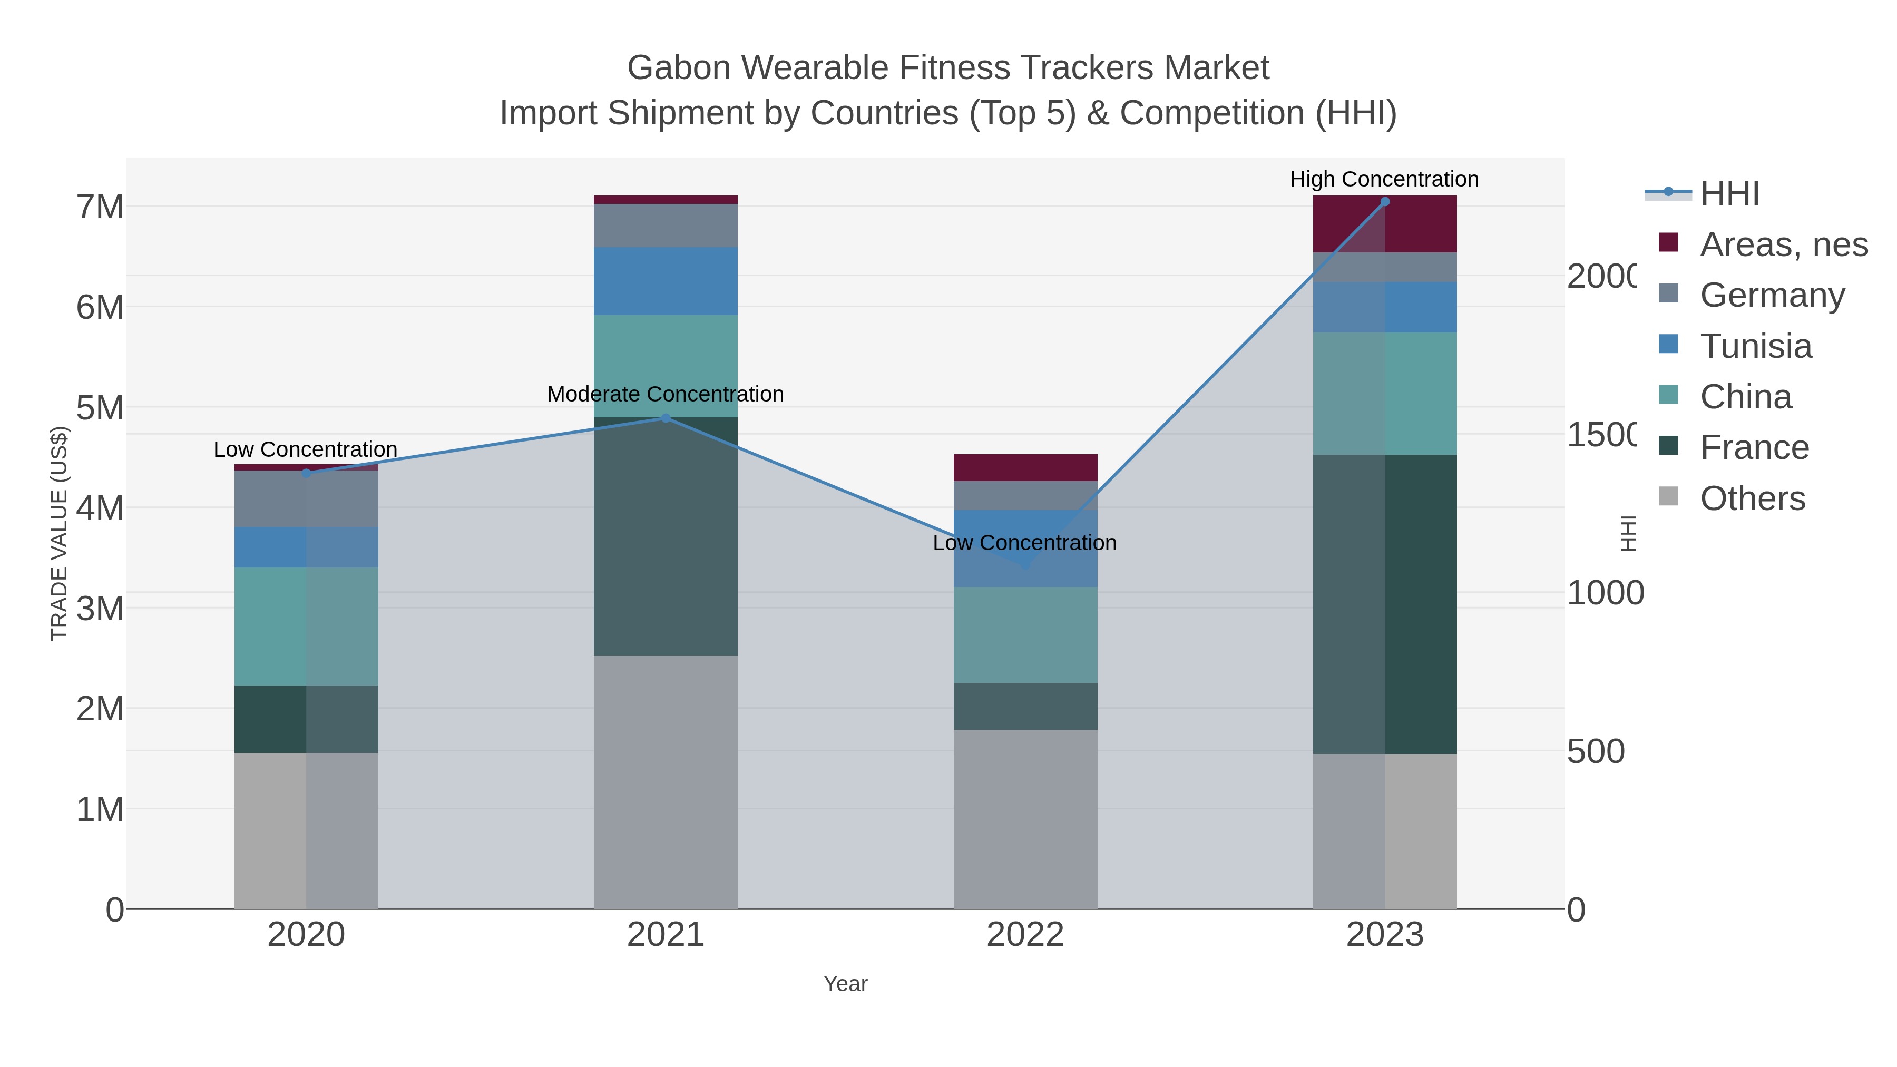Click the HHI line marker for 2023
pos(1384,202)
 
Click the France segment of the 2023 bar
pos(1384,604)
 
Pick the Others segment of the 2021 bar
pos(666,782)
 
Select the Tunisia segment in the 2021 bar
pos(666,281)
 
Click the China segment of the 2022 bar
pos(1025,635)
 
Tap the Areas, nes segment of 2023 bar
pos(1384,224)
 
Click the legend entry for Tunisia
pos(1756,346)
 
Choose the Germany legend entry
pos(1772,295)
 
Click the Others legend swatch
pos(1669,497)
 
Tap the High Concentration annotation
pos(1384,180)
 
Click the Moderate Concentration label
pos(666,395)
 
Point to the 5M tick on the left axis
pos(100,408)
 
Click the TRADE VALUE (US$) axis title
pos(59,534)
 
